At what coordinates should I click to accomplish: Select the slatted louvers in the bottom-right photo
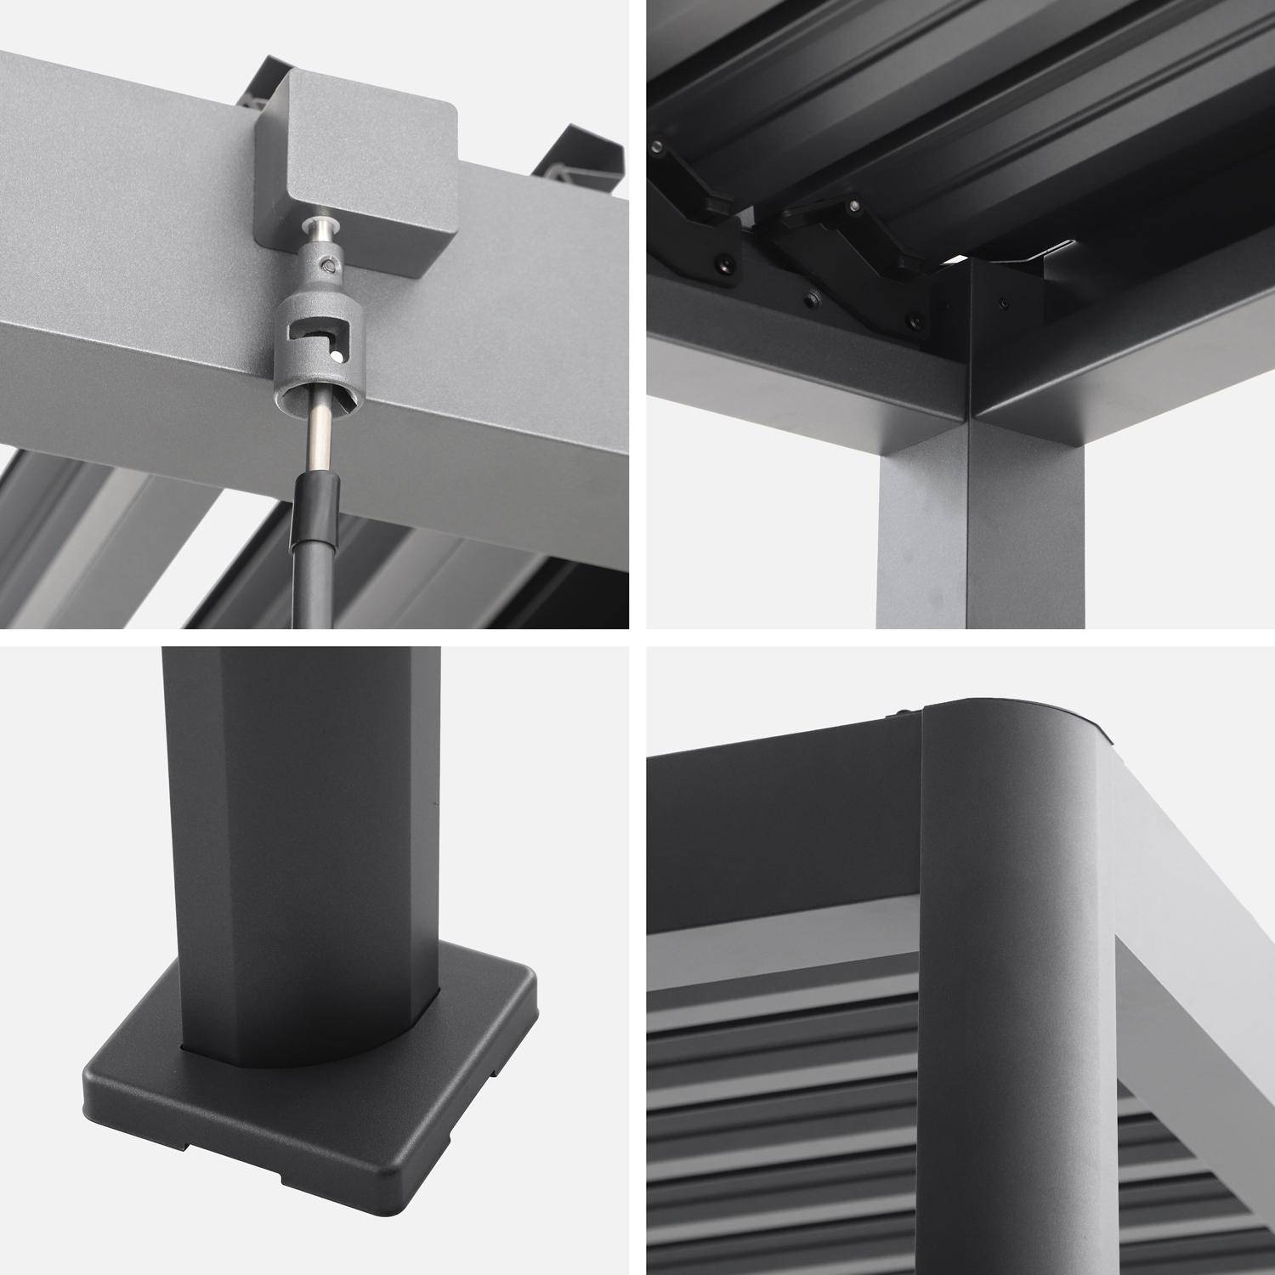[x=782, y=1130]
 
